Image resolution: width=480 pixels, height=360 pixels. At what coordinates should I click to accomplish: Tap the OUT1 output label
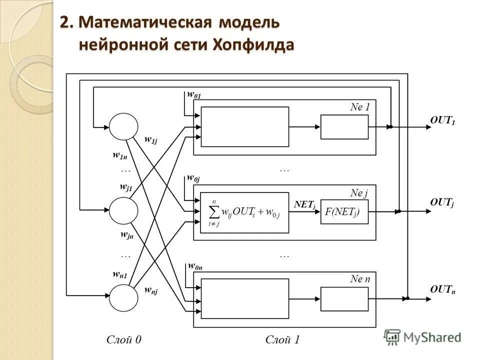[x=442, y=120]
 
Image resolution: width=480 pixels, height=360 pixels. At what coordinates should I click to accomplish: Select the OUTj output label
[x=442, y=202]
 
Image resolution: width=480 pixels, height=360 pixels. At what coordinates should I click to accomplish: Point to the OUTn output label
[x=442, y=289]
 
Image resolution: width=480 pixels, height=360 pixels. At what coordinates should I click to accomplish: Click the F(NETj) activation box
[x=344, y=211]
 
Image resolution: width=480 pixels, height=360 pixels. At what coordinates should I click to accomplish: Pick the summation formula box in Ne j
[x=245, y=212]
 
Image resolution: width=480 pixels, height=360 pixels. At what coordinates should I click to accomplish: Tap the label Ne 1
[x=360, y=106]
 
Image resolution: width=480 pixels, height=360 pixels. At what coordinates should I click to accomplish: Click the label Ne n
[x=360, y=279]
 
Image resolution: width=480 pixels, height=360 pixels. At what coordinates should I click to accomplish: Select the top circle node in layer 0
[x=123, y=126]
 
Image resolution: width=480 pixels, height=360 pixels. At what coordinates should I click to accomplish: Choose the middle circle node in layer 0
[x=123, y=211]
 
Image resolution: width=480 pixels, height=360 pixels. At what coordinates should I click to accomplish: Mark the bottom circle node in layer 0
[x=123, y=298]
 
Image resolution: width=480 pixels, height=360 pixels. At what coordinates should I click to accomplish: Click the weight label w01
[x=193, y=94]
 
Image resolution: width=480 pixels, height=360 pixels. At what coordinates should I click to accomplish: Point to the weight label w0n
[x=194, y=266]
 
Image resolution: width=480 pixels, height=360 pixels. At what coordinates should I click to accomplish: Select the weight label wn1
[x=120, y=274]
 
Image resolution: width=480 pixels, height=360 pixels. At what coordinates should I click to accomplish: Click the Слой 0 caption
[x=124, y=340]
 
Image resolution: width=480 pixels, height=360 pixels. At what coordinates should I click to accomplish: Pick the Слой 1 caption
[x=282, y=340]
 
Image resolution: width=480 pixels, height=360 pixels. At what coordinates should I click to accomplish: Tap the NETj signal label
[x=304, y=204]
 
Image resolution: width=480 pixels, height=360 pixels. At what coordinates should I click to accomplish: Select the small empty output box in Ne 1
[x=344, y=126]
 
